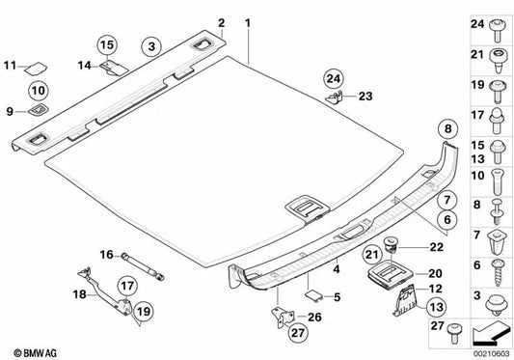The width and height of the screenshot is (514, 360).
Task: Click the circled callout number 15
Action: (107, 45)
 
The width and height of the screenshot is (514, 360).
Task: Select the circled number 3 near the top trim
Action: (151, 46)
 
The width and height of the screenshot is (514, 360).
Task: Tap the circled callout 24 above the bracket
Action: (334, 79)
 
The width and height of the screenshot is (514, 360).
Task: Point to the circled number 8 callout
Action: (448, 129)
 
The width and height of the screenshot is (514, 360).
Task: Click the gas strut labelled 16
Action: (143, 266)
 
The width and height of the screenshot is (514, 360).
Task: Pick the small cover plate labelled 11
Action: (37, 69)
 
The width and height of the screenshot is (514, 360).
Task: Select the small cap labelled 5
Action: (314, 295)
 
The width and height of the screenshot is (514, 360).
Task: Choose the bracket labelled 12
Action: (404, 300)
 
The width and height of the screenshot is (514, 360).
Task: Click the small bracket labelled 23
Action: (335, 97)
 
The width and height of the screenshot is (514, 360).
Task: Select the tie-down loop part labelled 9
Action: (38, 110)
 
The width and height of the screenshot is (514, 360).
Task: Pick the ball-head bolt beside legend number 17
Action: (498, 121)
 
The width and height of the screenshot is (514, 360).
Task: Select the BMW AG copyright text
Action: (35, 353)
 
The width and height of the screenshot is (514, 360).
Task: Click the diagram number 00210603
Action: (491, 354)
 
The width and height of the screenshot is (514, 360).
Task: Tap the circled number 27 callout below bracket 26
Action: (298, 332)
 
